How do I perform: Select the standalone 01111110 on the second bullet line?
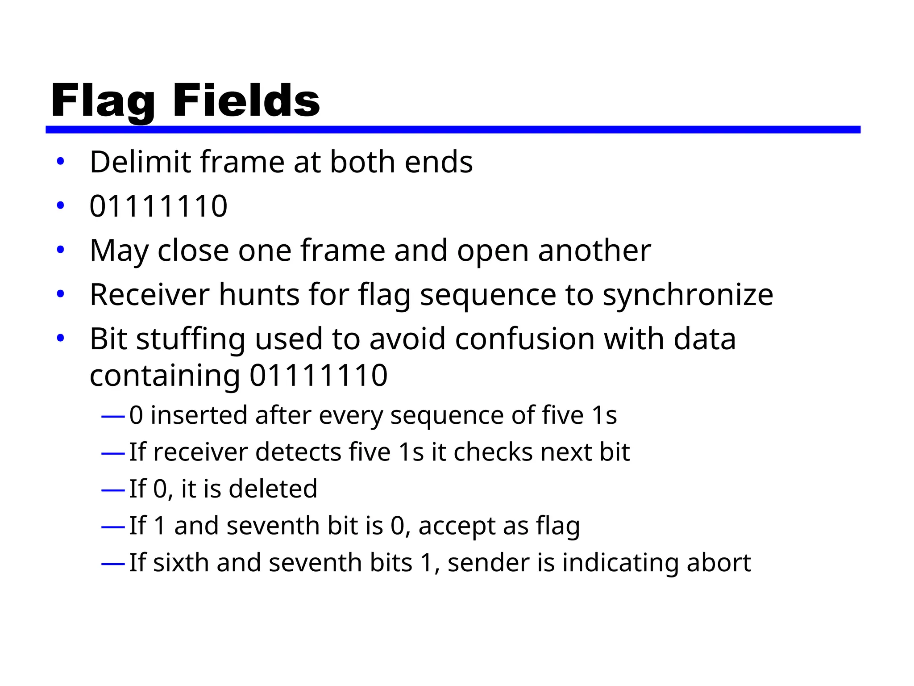pos(158,206)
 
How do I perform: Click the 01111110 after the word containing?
pos(318,376)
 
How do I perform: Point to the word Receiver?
pos(150,295)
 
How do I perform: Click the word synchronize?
pos(688,296)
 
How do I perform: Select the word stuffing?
pos(191,339)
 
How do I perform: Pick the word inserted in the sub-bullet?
pos(199,415)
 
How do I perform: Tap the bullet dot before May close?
pos(61,250)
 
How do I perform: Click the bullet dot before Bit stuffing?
pos(61,338)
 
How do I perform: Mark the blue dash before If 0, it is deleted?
pos(113,490)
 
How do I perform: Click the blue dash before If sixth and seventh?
pos(113,564)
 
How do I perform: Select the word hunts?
pos(259,295)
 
